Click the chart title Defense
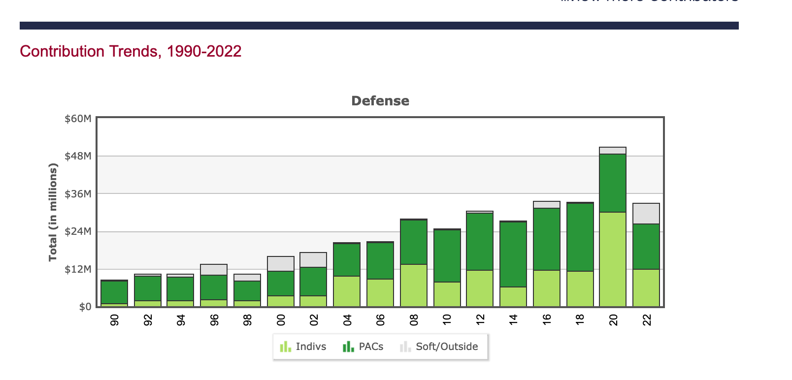[x=380, y=101]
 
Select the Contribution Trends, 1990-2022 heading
[x=131, y=51]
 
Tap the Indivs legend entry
[x=303, y=347]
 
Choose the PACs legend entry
[x=363, y=347]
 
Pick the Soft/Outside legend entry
[x=439, y=347]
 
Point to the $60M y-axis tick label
[x=78, y=119]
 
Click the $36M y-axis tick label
[x=78, y=194]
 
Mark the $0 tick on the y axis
[x=85, y=307]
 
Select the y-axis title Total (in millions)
[x=53, y=212]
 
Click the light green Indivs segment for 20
[x=613, y=259]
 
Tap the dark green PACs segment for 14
[x=513, y=254]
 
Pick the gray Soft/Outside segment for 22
[x=646, y=214]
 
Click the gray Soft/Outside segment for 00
[x=281, y=264]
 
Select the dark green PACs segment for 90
[x=114, y=292]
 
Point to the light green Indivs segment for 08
[x=414, y=285]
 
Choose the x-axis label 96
[x=214, y=320]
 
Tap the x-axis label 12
[x=480, y=320]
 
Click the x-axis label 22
[x=647, y=320]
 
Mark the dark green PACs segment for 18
[x=580, y=237]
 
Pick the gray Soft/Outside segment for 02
[x=313, y=260]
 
